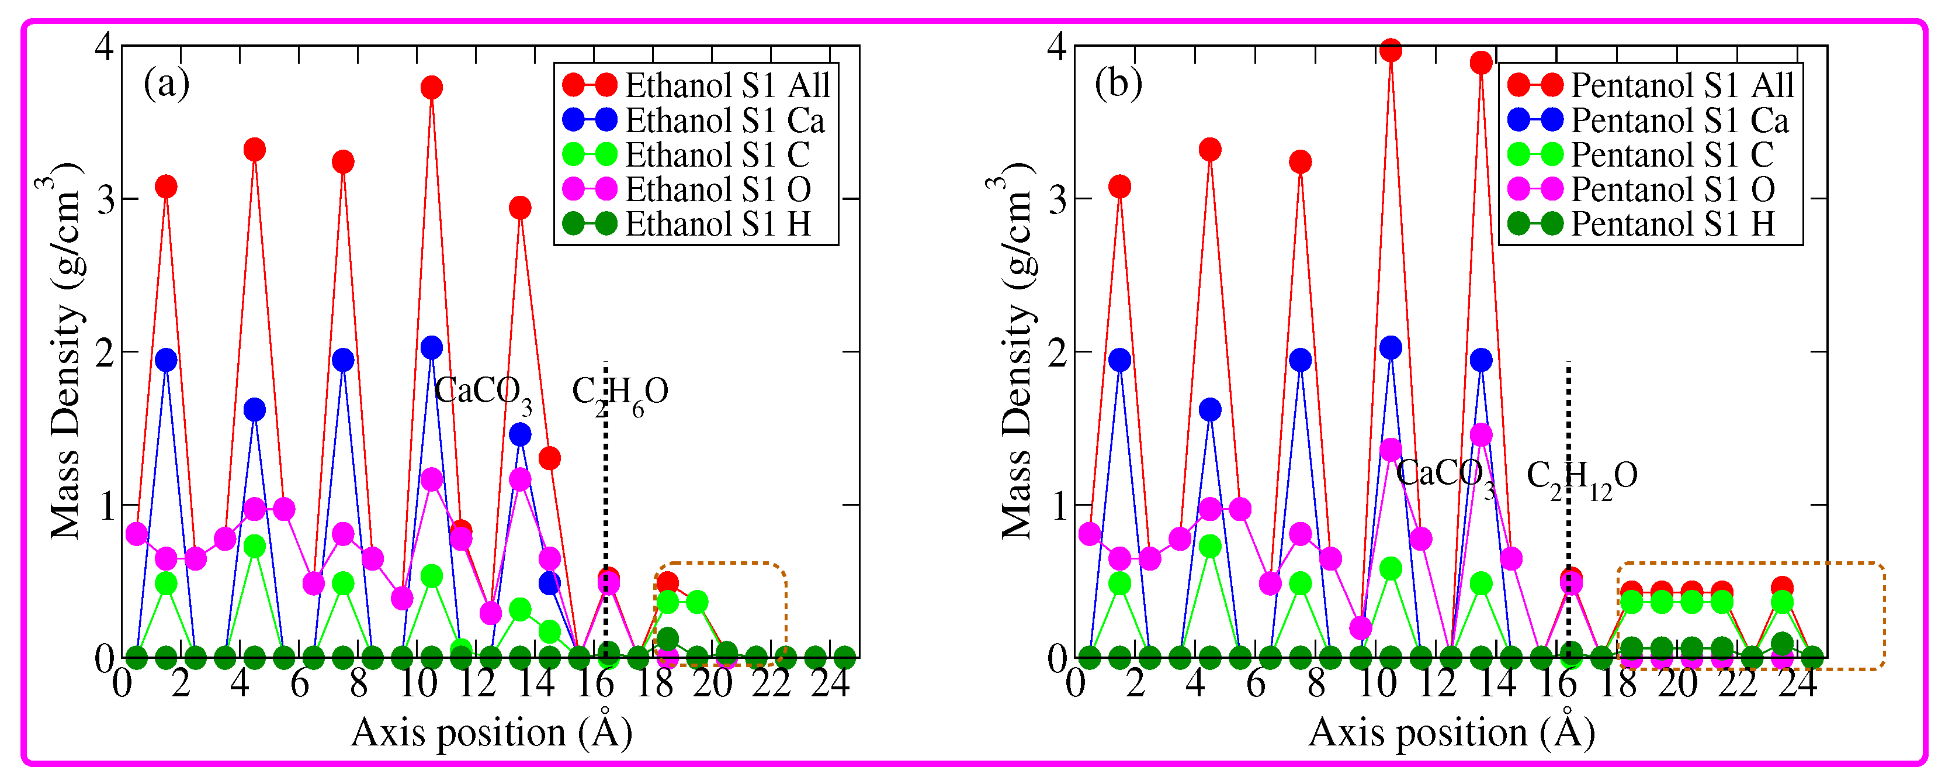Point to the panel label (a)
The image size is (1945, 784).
[166, 83]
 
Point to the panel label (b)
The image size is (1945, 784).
[1118, 83]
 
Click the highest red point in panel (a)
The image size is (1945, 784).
[431, 88]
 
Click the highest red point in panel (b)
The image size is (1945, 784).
[1390, 51]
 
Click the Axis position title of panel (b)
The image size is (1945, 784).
[1451, 733]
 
